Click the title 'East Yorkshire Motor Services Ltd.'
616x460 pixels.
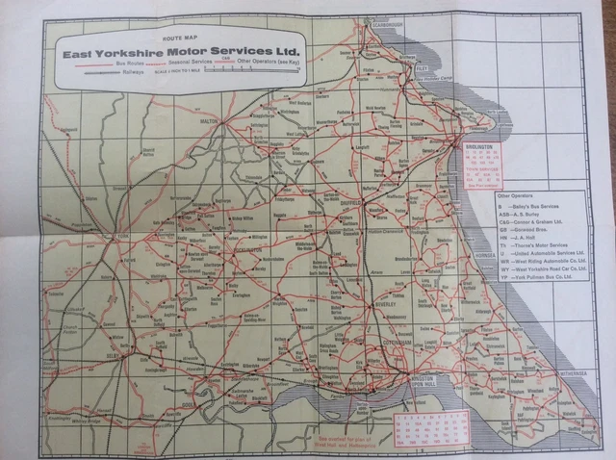[x=181, y=53]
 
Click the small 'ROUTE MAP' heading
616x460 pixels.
[x=181, y=39]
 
